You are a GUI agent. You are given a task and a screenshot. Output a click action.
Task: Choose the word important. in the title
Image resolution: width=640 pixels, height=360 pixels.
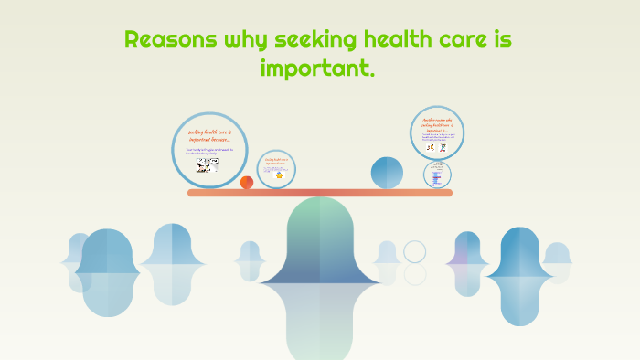[x=318, y=68]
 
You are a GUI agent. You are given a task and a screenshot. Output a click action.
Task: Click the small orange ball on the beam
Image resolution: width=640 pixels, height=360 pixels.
[x=247, y=183]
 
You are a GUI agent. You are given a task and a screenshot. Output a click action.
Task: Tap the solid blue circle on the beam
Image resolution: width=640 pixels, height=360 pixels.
[x=387, y=173]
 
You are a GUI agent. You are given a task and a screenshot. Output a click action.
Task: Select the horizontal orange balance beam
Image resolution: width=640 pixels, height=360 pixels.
[x=320, y=193]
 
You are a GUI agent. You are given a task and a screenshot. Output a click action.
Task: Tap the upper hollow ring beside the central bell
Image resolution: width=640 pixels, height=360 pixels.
[x=415, y=251]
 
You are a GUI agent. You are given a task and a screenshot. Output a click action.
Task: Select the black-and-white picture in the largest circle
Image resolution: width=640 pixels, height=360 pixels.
[x=208, y=165]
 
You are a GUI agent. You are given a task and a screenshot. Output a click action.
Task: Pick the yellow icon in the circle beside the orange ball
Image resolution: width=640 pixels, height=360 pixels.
[x=276, y=175]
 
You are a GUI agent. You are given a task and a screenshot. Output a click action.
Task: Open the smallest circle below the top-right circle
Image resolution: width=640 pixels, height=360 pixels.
[x=437, y=173]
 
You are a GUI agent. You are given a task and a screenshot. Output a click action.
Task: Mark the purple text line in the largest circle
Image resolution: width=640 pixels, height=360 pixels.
[x=209, y=151]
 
